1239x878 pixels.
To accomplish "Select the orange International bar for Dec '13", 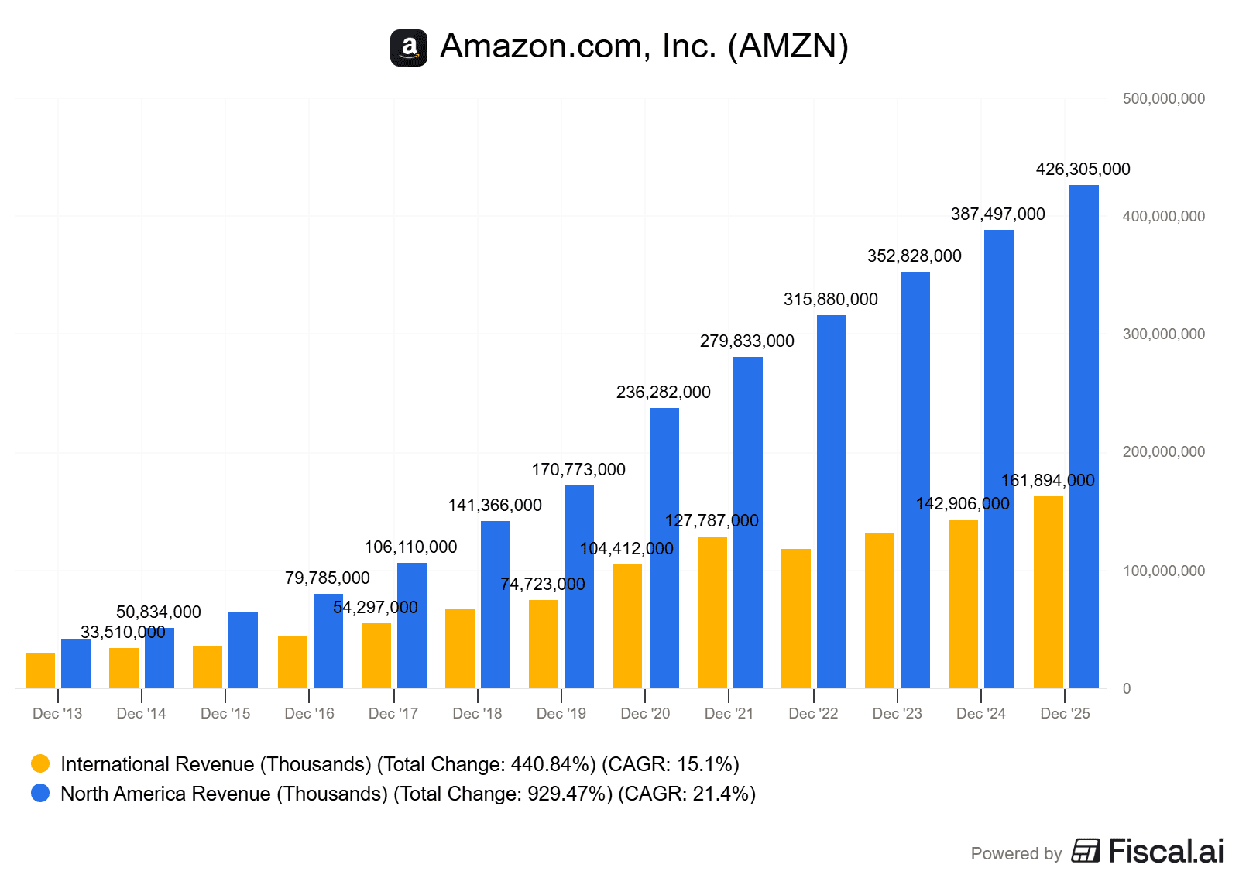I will pyautogui.click(x=40, y=670).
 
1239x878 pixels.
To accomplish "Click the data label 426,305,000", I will pyautogui.click(x=1083, y=169).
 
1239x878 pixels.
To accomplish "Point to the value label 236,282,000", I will pyautogui.click(x=663, y=392).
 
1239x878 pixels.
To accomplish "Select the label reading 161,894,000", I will pyautogui.click(x=1048, y=480).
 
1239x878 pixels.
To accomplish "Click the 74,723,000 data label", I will pyautogui.click(x=542, y=584).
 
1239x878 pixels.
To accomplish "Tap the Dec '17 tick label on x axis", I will pyautogui.click(x=393, y=713).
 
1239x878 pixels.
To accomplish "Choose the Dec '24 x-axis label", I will pyautogui.click(x=980, y=713).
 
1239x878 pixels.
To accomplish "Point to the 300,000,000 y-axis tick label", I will pyautogui.click(x=1163, y=334).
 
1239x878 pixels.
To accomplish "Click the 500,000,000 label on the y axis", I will pyautogui.click(x=1163, y=98).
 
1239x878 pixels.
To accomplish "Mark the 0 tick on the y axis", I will pyautogui.click(x=1126, y=688).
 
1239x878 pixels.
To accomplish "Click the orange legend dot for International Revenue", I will pyautogui.click(x=40, y=763).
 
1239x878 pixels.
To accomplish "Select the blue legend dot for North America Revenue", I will pyautogui.click(x=40, y=793).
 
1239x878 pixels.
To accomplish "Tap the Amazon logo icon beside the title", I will pyautogui.click(x=409, y=48).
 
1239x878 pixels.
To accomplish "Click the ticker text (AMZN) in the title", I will pyautogui.click(x=788, y=46).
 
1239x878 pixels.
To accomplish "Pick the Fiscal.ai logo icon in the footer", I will pyautogui.click(x=1086, y=850).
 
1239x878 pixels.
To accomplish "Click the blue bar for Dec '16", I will pyautogui.click(x=328, y=640).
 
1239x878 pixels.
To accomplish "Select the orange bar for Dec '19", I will pyautogui.click(x=543, y=643).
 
